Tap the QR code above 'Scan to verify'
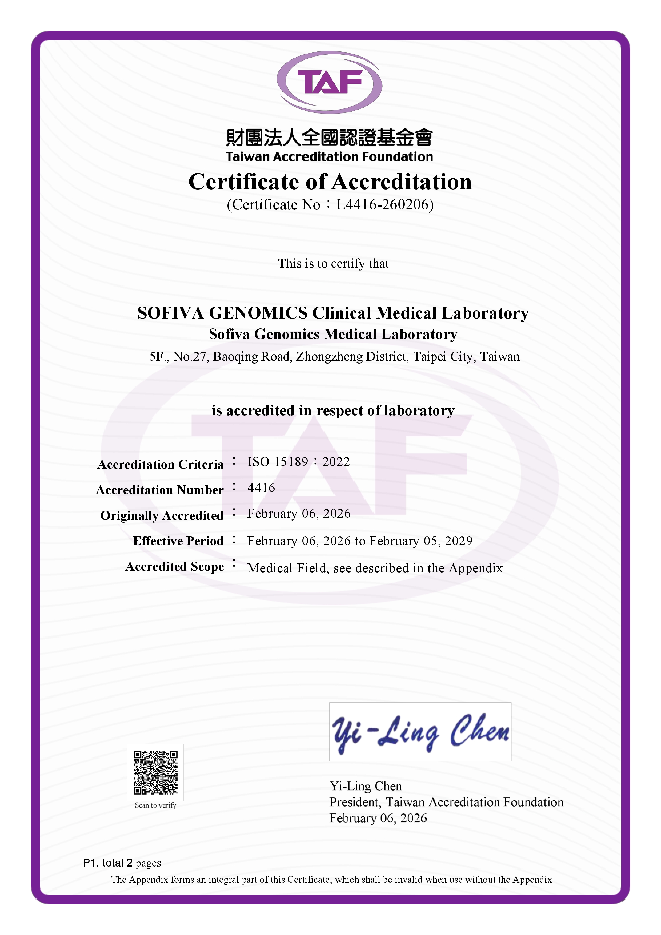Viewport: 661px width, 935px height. click(x=155, y=772)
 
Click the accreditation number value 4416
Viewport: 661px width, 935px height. click(x=261, y=488)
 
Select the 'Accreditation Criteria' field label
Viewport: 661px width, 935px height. click(x=161, y=464)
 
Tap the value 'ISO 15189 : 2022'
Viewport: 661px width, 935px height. click(x=299, y=462)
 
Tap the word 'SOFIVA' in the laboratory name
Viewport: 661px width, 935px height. click(x=170, y=313)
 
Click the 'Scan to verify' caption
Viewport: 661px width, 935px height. click(x=155, y=805)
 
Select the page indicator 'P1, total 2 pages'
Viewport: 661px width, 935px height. click(x=122, y=863)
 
